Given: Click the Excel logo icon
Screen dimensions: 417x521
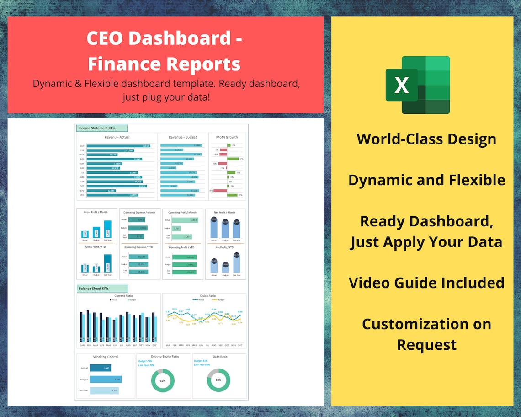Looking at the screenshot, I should click(418, 85).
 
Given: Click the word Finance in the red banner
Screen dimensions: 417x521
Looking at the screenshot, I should click(123, 64).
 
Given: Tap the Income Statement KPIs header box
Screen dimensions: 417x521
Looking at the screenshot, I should click(101, 128).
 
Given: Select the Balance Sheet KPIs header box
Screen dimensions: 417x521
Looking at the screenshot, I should click(102, 289).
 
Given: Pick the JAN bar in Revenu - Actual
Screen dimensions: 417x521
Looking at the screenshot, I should click(118, 146).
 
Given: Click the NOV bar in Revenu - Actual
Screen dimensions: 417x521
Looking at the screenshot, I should click(101, 191).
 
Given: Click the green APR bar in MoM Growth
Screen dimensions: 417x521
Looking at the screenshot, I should click(233, 159).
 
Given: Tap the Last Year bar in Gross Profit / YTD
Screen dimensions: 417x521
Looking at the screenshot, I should click(107, 263).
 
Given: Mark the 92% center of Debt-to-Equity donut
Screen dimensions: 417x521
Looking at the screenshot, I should click(163, 380).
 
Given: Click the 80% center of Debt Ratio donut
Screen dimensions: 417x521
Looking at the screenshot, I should click(218, 380).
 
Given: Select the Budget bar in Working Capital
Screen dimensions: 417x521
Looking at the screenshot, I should click(106, 379).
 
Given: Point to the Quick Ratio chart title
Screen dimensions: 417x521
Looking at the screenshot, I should click(208, 296).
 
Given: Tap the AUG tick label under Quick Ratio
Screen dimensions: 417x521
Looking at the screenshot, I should click(213, 345).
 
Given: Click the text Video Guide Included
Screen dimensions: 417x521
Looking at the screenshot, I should click(426, 283).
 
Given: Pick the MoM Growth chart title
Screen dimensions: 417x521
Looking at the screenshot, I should click(227, 137).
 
